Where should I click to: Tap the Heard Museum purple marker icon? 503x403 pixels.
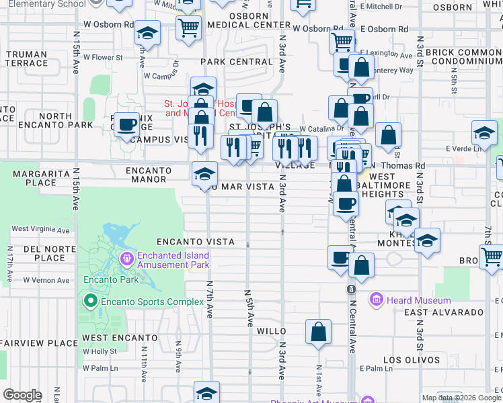click(x=376, y=300)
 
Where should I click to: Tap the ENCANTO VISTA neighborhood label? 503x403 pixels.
click(x=195, y=242)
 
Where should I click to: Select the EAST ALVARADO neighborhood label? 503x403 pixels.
click(x=444, y=312)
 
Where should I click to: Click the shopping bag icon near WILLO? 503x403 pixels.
click(x=318, y=331)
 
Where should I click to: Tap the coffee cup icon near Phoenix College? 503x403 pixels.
click(x=126, y=124)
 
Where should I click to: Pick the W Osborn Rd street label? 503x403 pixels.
click(x=108, y=24)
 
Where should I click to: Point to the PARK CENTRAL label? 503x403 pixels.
click(x=236, y=62)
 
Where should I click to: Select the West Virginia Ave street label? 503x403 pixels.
click(x=40, y=230)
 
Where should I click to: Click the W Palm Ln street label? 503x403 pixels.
click(x=100, y=368)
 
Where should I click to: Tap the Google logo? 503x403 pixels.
click(x=22, y=395)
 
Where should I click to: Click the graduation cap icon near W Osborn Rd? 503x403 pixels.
click(x=147, y=34)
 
